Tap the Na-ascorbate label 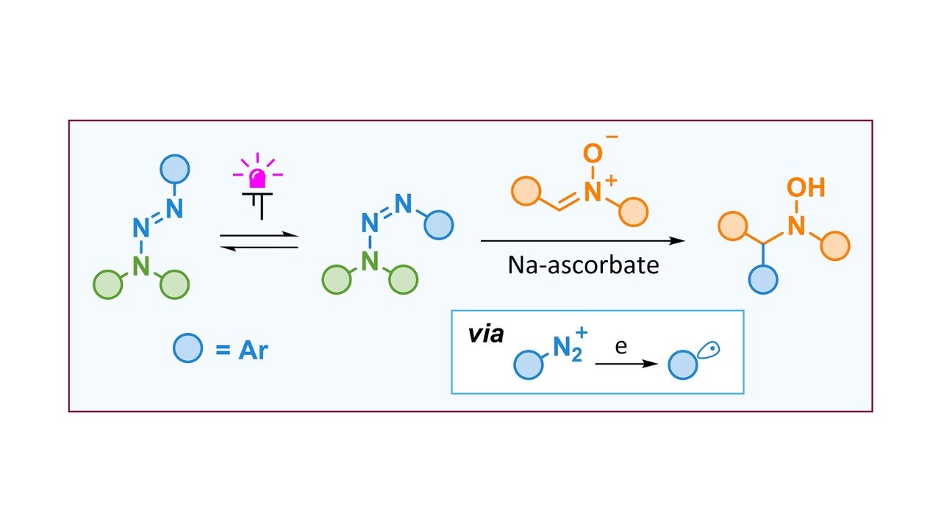click(583, 265)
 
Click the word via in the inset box click(486, 334)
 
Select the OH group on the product click(806, 187)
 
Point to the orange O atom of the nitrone click(593, 154)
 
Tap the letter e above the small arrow click(621, 346)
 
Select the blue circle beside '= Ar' click(187, 348)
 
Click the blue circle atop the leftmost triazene click(175, 169)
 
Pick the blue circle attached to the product click(763, 280)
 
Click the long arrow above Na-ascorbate click(583, 240)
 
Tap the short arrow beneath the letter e click(626, 364)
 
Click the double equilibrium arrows click(260, 242)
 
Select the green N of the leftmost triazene click(141, 266)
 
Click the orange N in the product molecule click(796, 227)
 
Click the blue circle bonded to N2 click(528, 365)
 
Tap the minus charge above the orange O click(612, 137)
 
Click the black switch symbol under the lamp click(257, 206)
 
